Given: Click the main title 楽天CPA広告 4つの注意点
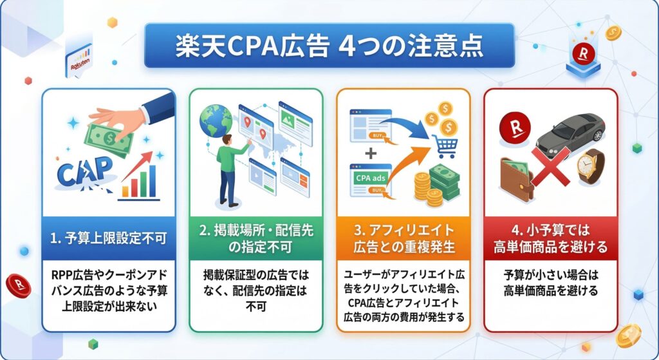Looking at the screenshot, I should (x=329, y=46).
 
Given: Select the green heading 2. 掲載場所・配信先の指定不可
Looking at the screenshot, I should (x=255, y=238).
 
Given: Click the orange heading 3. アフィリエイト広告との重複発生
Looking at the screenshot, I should (x=403, y=238).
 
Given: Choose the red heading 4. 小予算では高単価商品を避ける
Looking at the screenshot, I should (x=550, y=238).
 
